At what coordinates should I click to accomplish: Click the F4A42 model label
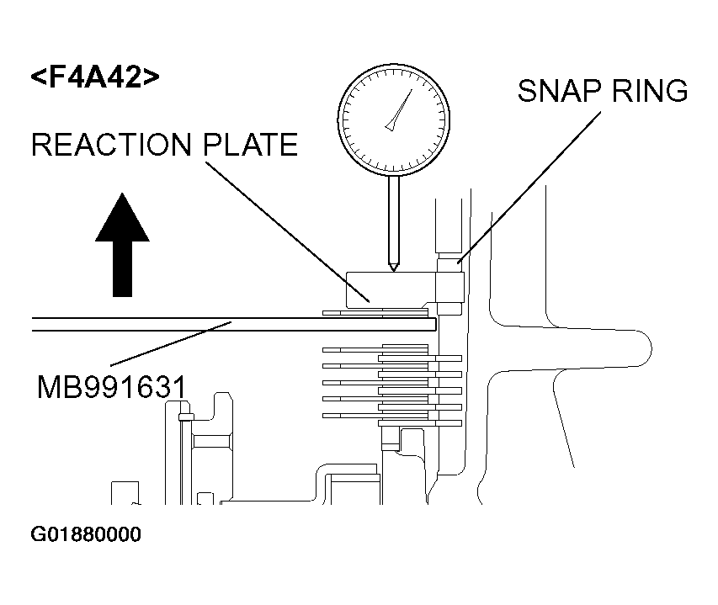[95, 77]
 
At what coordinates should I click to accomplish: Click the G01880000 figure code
[87, 535]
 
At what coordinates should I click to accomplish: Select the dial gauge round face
[394, 113]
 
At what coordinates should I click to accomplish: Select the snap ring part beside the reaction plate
[449, 286]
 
